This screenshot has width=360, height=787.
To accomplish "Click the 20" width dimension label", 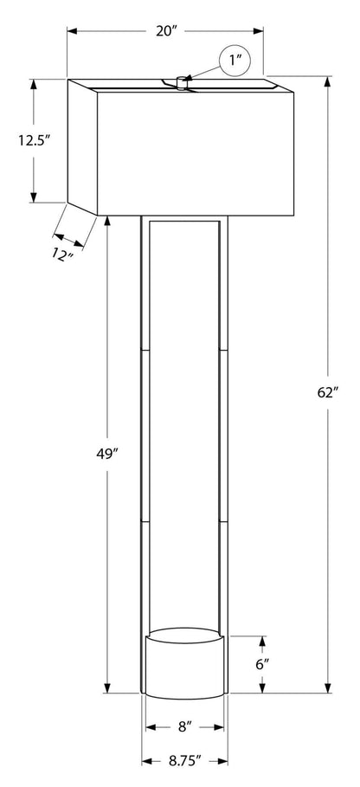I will (166, 31).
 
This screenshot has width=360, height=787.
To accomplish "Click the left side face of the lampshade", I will (82, 145).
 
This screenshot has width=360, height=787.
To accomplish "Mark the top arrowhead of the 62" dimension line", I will (327, 83).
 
